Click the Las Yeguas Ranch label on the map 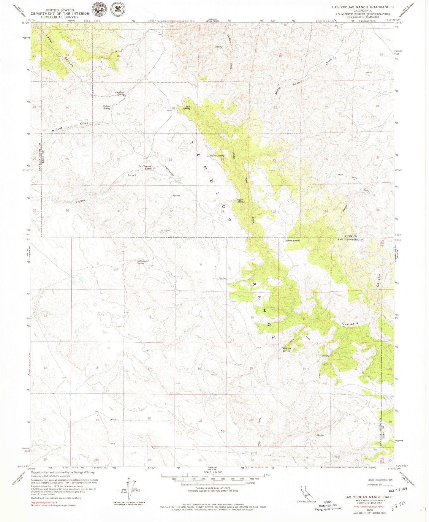tap(145, 167)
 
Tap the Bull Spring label tap(186, 107)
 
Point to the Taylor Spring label tap(217, 156)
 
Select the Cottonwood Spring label tap(140, 262)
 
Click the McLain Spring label tap(286, 349)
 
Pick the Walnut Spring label tap(107, 107)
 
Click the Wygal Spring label tap(241, 200)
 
